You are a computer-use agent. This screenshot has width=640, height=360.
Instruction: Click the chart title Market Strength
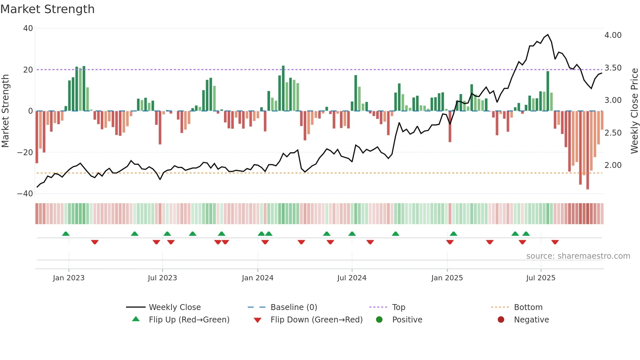click(x=47, y=9)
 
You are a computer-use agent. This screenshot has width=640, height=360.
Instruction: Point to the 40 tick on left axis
click(x=28, y=28)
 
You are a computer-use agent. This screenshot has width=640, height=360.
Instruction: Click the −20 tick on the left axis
click(x=25, y=153)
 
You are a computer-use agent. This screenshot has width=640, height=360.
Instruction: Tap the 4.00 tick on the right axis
click(x=613, y=35)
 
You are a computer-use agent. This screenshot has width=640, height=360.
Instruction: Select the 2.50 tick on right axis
click(x=613, y=133)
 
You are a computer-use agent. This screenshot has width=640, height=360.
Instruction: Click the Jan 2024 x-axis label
click(x=258, y=278)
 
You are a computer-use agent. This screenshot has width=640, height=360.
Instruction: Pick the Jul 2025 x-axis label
click(x=541, y=278)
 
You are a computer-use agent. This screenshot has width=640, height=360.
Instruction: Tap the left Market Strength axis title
click(x=6, y=111)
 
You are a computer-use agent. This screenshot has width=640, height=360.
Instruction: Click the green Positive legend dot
click(x=379, y=320)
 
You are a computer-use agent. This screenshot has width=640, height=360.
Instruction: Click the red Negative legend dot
click(x=501, y=320)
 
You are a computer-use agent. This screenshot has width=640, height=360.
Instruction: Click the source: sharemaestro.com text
click(x=578, y=256)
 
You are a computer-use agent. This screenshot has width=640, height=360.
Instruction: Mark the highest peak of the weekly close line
click(x=548, y=35)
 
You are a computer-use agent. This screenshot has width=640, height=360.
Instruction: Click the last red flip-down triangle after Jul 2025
click(x=555, y=242)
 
